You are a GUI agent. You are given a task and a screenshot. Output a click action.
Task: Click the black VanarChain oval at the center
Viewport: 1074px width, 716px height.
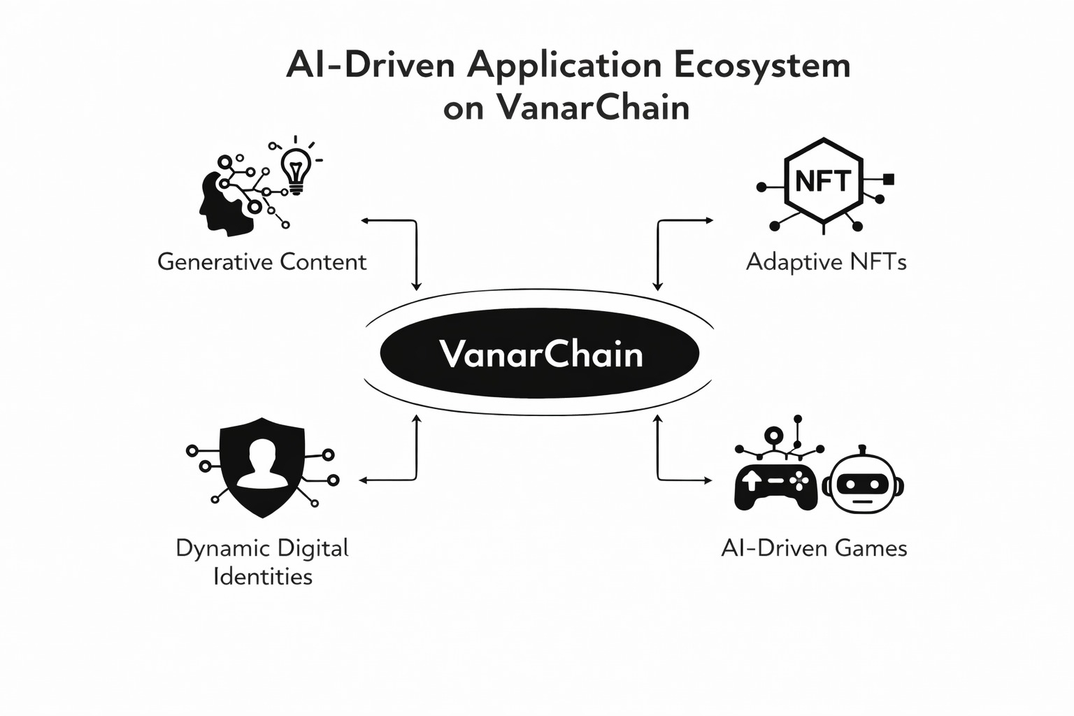point(538,353)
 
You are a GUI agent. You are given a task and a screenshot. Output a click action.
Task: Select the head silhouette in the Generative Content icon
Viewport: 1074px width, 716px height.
point(222,203)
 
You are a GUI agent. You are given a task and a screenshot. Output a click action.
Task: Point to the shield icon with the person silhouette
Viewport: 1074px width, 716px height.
point(262,467)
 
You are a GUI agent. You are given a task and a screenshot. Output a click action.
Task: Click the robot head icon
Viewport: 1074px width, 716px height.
point(862,484)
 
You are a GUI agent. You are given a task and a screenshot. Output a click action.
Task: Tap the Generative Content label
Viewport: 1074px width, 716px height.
point(262,262)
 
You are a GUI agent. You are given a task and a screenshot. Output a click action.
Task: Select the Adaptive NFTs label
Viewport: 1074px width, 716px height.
point(826,262)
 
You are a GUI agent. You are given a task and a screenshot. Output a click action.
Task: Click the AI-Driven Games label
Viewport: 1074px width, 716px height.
point(814,547)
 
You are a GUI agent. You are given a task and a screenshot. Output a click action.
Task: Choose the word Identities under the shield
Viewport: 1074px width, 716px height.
point(262,577)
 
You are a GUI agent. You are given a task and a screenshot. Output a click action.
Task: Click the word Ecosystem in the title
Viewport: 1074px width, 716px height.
point(763,66)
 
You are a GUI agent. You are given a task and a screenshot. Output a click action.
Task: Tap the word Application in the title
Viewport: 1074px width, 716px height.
point(564,66)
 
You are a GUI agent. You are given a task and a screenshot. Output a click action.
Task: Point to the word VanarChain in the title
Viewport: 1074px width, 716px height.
point(593,108)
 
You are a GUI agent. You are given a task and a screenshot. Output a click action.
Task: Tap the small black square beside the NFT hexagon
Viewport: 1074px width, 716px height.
point(889,179)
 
